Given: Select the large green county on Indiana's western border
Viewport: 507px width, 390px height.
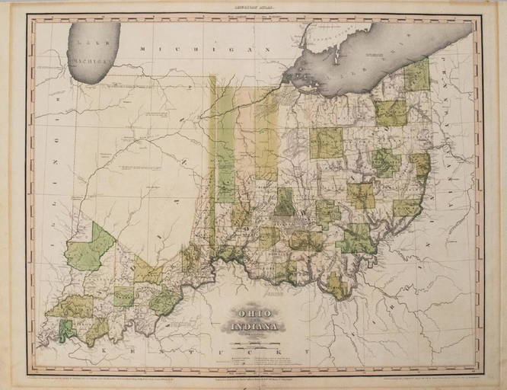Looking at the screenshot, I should (90, 248).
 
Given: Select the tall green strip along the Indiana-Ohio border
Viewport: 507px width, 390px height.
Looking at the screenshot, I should (225, 145).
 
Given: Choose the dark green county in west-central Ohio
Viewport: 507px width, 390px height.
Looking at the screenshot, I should (285, 202).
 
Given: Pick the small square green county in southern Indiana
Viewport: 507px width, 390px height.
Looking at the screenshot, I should (124, 296).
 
